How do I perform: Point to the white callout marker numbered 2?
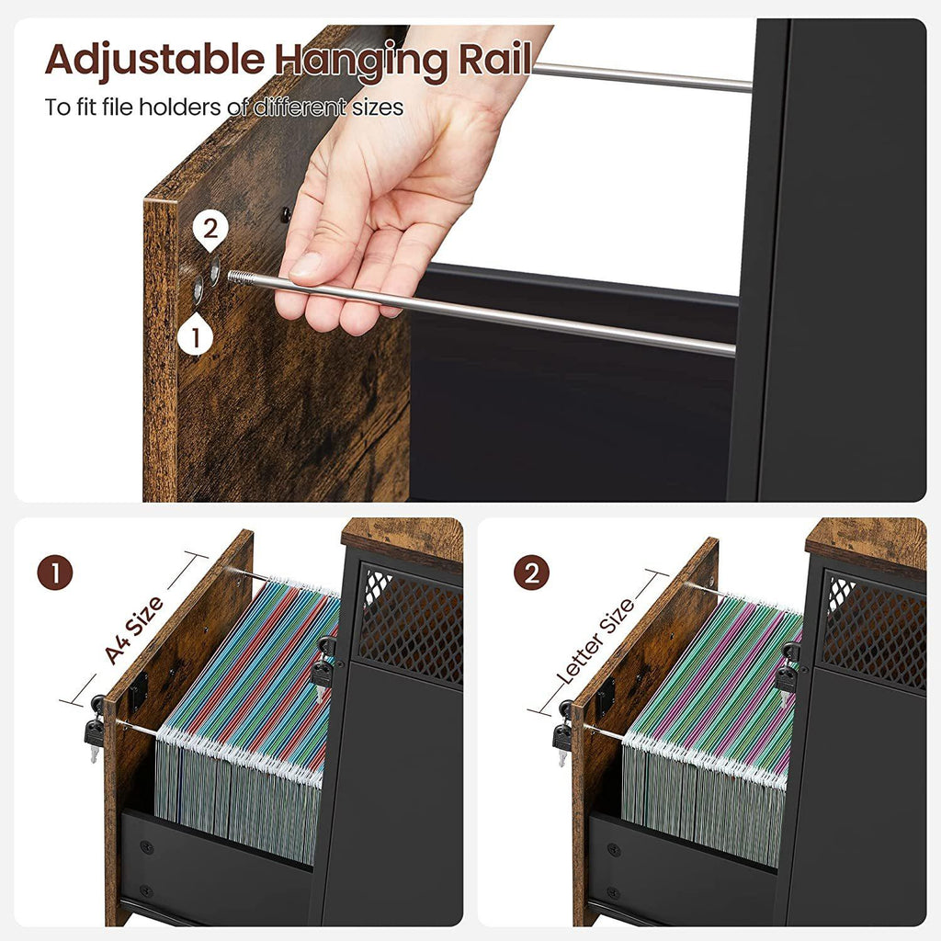[x=210, y=229]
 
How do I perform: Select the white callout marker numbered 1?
[x=196, y=336]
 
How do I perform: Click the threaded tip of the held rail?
[x=241, y=277]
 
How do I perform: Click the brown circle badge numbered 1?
[x=55, y=573]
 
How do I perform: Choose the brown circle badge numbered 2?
[x=531, y=573]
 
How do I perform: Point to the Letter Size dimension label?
[x=596, y=641]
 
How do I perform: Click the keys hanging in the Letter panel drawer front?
[x=561, y=738]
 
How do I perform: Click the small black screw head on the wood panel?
[x=285, y=215]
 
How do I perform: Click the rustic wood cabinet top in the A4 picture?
[x=402, y=537]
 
